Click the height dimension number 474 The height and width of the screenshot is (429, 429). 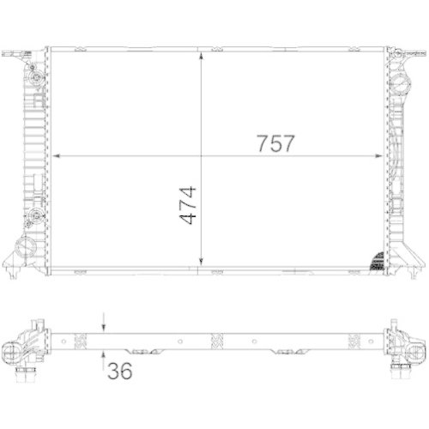point(187,205)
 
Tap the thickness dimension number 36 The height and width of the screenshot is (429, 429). point(120,372)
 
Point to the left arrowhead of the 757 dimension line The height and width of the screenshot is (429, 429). point(57,156)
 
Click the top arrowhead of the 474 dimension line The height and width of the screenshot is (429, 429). point(201,53)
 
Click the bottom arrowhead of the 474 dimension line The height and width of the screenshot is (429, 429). point(201,264)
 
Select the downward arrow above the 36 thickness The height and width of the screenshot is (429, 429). point(104,327)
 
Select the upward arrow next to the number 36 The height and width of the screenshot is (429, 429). point(104,354)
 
